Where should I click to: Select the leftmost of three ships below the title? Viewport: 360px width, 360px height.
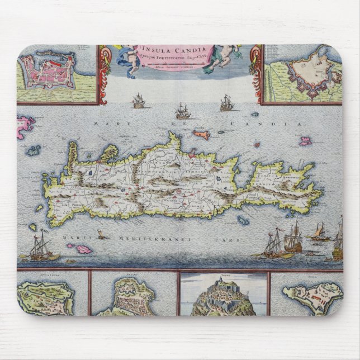138,102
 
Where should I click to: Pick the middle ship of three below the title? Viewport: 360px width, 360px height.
181,109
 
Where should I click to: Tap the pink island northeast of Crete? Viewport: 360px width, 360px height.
305,141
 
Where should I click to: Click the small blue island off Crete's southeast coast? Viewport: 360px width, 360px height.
243,221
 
